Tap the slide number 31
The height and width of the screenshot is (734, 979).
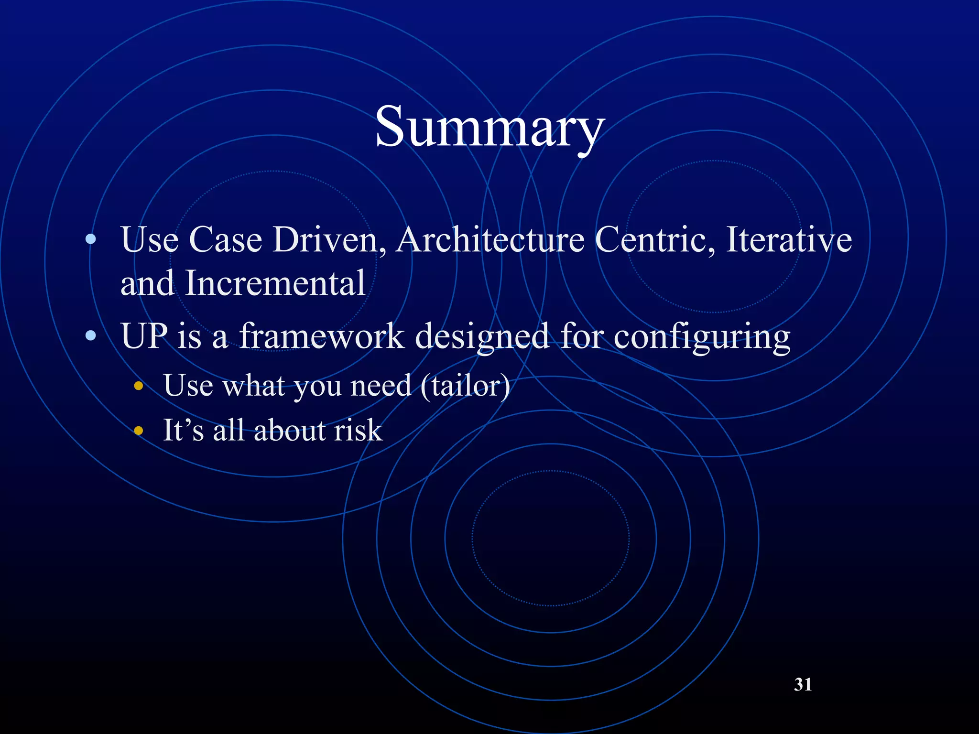point(803,684)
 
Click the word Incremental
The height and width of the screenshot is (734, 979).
point(275,283)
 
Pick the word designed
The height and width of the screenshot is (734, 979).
point(482,336)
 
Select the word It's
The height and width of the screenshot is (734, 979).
point(184,430)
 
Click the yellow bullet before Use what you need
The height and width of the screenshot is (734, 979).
point(139,386)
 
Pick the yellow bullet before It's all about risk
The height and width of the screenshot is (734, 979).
point(139,431)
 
